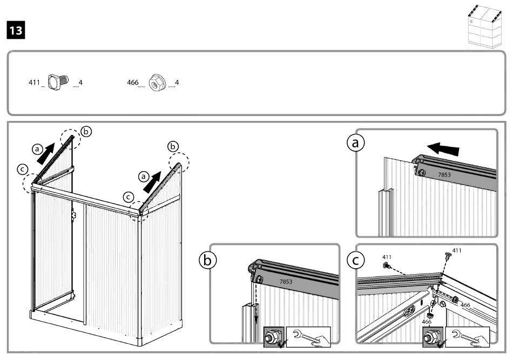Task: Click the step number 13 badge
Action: [x=16, y=30]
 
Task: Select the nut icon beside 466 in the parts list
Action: [x=157, y=83]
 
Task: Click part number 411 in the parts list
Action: [x=34, y=83]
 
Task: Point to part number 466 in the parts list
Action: [x=132, y=83]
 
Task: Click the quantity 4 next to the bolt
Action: [x=80, y=83]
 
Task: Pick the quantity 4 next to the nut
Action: [x=177, y=83]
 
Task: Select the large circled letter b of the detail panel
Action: [x=207, y=261]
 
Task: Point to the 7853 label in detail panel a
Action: [x=444, y=175]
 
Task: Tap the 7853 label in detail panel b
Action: [x=287, y=282]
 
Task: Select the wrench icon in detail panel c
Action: [x=465, y=336]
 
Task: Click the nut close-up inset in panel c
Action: [x=431, y=336]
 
